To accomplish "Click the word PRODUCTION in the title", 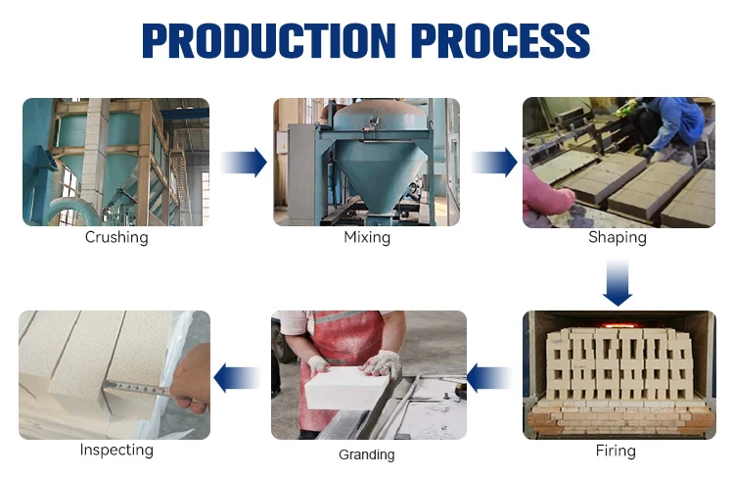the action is [x=269, y=40].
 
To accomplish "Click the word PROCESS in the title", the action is [x=500, y=40].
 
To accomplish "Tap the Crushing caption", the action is [x=116, y=237].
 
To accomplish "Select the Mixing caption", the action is [x=367, y=237].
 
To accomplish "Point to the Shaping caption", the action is [x=618, y=237].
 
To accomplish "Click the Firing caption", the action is [x=616, y=451].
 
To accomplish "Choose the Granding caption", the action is [x=367, y=454].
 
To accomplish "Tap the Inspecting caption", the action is [x=116, y=450].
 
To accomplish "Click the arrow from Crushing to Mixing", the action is [x=244, y=162].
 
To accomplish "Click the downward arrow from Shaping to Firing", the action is [x=618, y=282].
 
